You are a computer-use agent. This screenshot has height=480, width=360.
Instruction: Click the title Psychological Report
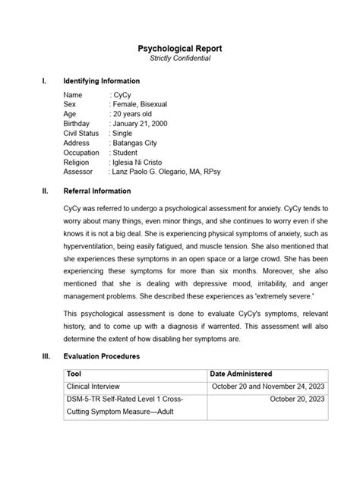click(x=179, y=48)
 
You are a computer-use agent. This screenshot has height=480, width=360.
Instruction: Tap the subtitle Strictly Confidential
click(x=179, y=58)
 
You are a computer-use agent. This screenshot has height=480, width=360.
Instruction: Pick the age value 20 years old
click(x=134, y=113)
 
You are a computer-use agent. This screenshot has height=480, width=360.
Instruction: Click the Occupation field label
click(x=82, y=153)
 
